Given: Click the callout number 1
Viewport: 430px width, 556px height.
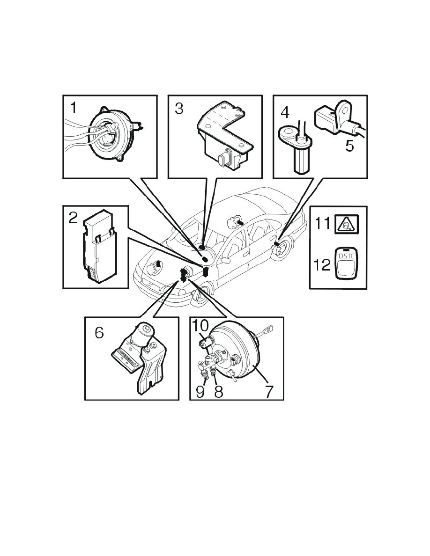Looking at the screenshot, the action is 73,108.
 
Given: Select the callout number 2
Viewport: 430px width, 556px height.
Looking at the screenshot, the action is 73,218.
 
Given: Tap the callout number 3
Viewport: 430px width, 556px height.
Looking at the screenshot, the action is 179,109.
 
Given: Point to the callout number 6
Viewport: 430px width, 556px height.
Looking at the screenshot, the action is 99,333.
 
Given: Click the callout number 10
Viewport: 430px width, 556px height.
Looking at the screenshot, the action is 200,326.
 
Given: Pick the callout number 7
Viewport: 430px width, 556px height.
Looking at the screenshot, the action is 268,391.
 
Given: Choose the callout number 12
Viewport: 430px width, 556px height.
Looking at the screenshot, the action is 322,264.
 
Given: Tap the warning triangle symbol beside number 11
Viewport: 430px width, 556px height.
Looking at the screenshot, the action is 346,225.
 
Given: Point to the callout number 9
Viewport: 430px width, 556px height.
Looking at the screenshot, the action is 200,391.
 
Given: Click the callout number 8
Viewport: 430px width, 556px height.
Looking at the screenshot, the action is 219,391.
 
